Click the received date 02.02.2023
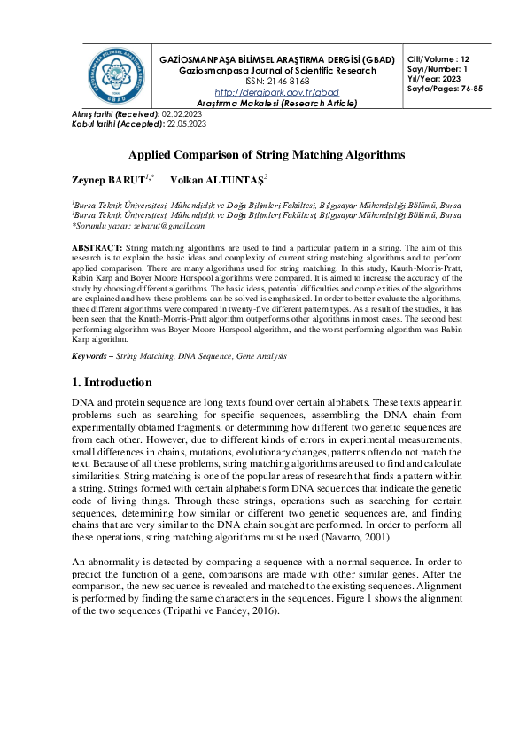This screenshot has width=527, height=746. tap(184, 115)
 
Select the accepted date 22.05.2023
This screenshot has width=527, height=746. tap(186, 125)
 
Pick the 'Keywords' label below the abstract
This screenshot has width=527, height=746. tap(91, 356)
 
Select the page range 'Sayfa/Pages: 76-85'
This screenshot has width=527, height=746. tap(445, 89)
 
